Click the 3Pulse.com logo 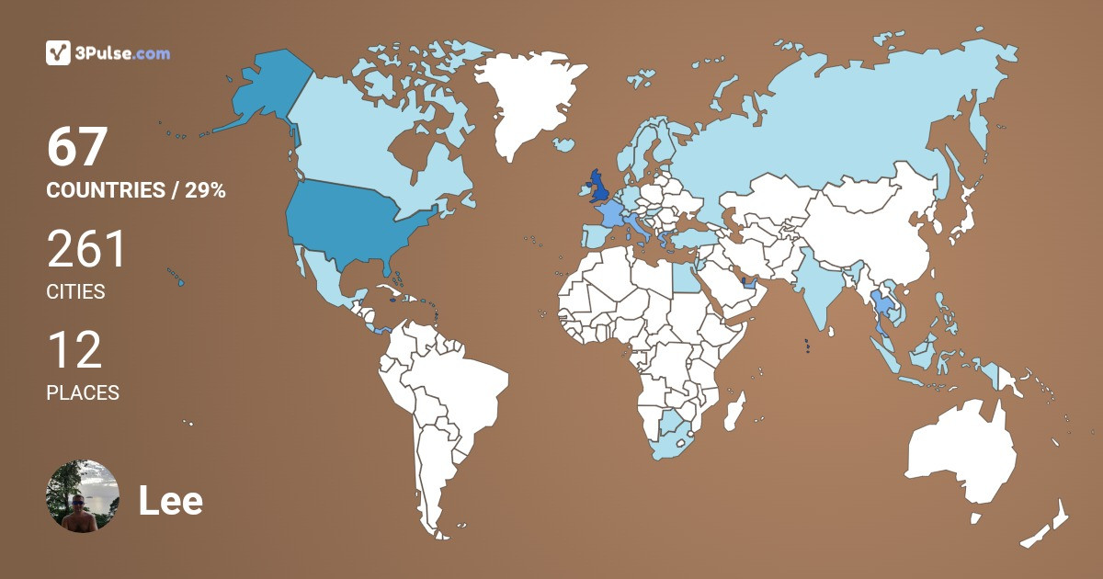click(108, 53)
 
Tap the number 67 click(78, 147)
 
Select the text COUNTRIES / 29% click(136, 191)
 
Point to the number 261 click(86, 249)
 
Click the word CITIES click(75, 292)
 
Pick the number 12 click(74, 350)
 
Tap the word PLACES click(83, 393)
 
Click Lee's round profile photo click(83, 496)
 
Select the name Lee click(170, 501)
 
